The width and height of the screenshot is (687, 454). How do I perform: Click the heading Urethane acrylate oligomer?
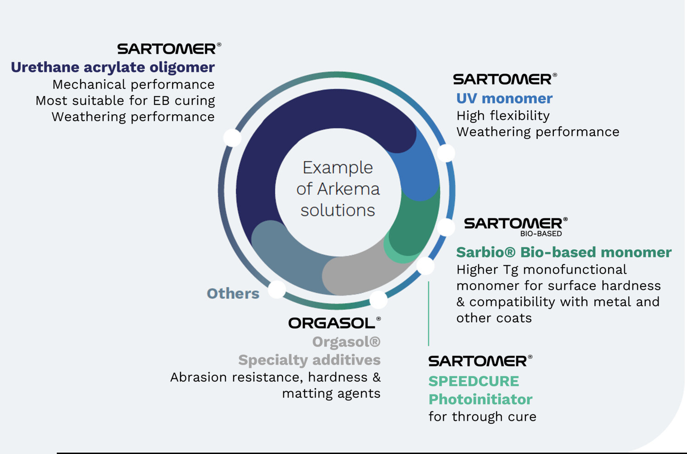tap(113, 67)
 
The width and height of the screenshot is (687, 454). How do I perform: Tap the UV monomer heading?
tap(504, 98)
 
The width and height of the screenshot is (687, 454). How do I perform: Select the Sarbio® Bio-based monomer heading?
tap(564, 252)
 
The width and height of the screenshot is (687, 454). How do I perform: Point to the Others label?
tap(233, 294)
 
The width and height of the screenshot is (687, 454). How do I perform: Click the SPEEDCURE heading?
tap(474, 381)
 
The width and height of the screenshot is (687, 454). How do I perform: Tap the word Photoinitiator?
tap(480, 399)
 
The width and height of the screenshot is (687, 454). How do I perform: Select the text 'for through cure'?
tap(482, 417)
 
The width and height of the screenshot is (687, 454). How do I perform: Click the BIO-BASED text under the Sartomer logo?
tap(541, 234)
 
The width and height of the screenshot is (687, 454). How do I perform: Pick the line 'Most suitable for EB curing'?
tap(125, 101)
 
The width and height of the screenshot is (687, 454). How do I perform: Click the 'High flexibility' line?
tap(503, 116)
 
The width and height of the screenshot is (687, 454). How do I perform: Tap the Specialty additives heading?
tap(309, 360)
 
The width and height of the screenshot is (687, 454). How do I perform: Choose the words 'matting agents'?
tap(331, 394)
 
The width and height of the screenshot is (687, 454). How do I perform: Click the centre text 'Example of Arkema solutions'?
tap(338, 189)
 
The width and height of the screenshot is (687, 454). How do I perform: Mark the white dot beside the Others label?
tap(277, 290)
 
